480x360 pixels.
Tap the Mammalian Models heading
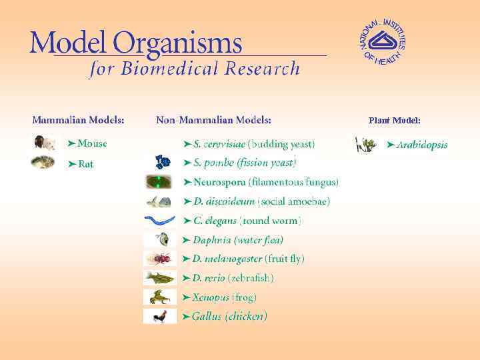click(x=78, y=120)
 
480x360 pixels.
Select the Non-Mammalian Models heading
click(x=213, y=120)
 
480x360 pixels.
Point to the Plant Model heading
click(x=394, y=121)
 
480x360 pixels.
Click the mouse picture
click(x=43, y=143)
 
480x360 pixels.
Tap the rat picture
click(x=43, y=162)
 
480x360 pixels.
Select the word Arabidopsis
click(x=422, y=145)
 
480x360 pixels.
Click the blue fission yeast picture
click(x=162, y=162)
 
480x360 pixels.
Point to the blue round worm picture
click(x=160, y=220)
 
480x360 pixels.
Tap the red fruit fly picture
click(x=160, y=259)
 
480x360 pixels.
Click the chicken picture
click(x=160, y=317)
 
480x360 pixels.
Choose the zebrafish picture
click(x=160, y=277)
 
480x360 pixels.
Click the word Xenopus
click(x=211, y=297)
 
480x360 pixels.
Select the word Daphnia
click(x=212, y=239)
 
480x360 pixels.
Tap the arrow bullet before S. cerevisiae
click(x=187, y=143)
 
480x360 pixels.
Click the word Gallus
click(x=207, y=317)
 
